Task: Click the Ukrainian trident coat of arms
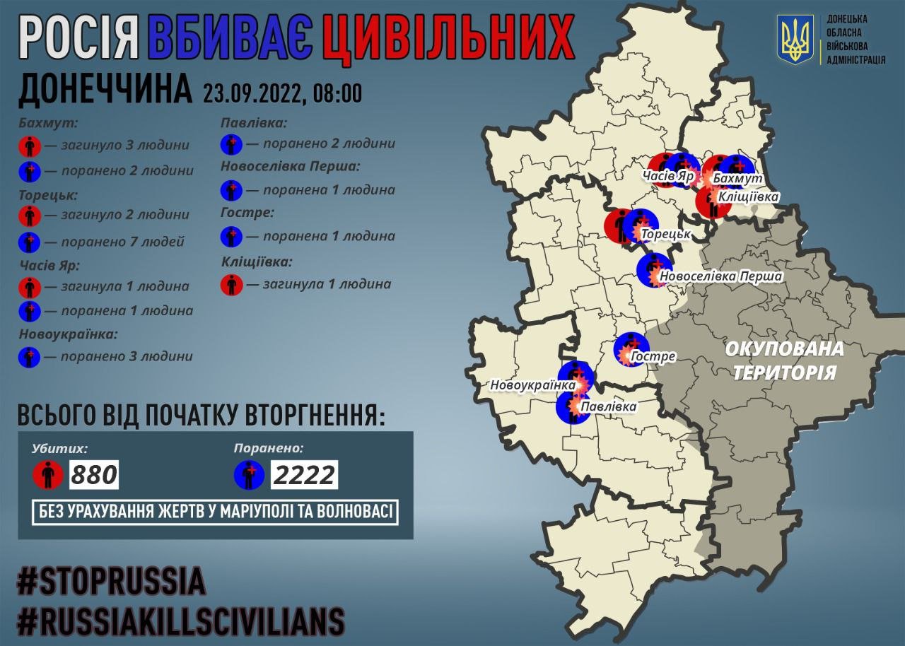795,39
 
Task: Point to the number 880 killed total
94,475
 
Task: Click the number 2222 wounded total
304,475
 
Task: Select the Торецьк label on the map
665,233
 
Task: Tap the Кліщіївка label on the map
748,197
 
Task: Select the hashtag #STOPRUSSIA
111,582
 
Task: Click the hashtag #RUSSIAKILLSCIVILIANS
181,621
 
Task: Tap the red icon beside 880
48,475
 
